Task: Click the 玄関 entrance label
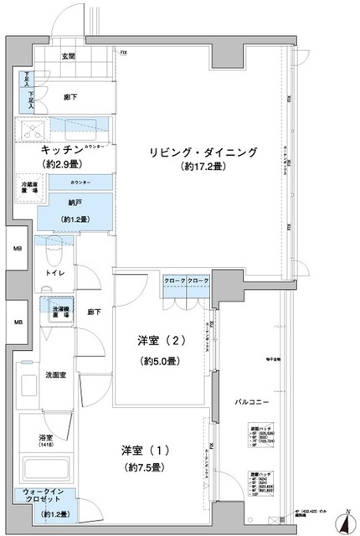pos(68,57)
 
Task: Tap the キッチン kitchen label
pos(57,151)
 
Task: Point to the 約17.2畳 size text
pos(203,167)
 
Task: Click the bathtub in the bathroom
pos(48,469)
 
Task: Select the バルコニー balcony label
pos(251,403)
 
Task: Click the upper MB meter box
pos(18,249)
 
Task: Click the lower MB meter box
pos(18,322)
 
